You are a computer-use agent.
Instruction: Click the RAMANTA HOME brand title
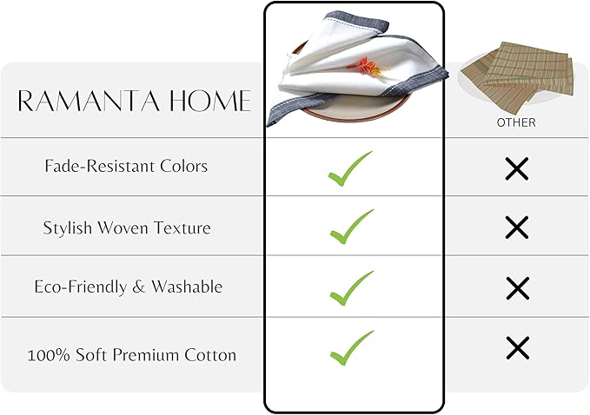[x=134, y=102]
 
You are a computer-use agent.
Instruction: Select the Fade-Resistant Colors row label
[x=126, y=166]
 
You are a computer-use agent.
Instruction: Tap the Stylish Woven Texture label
[x=127, y=228]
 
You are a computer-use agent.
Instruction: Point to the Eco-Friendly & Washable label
[x=128, y=287]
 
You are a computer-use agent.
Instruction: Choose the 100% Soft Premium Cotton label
[x=131, y=355]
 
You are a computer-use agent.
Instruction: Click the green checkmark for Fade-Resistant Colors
[x=351, y=168]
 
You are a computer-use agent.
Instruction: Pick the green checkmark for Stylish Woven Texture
[x=351, y=227]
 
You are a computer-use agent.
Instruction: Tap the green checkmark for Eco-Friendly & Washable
[x=351, y=287]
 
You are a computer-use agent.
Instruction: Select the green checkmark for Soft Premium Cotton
[x=351, y=347]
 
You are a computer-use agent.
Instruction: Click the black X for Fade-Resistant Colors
[x=517, y=168]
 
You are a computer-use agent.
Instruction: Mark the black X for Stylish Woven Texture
[x=517, y=227]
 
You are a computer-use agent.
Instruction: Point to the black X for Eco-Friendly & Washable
[x=517, y=287]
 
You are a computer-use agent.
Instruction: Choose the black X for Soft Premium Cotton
[x=517, y=348]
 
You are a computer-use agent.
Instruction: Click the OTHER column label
[x=516, y=122]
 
